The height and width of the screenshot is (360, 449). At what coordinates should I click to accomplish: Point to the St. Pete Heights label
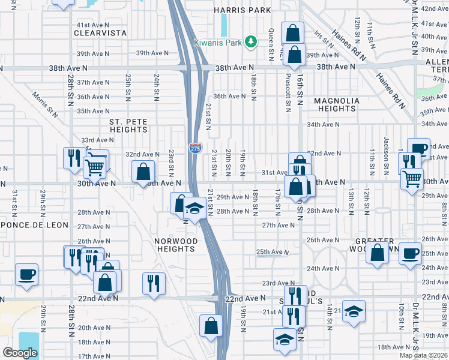tap(128, 125)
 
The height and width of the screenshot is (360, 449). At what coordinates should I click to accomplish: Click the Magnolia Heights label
tap(337, 104)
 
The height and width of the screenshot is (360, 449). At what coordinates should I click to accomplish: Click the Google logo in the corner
tap(20, 352)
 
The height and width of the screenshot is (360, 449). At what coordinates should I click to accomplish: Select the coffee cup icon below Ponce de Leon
tap(27, 275)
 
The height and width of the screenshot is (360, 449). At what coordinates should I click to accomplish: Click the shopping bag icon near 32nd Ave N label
tap(143, 172)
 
